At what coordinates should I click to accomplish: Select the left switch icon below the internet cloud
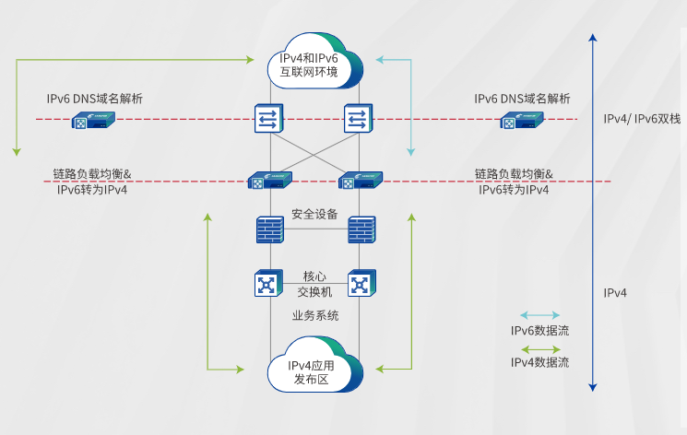click(270, 119)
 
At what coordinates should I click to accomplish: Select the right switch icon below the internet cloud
click(357, 119)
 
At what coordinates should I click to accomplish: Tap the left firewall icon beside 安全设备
click(270, 229)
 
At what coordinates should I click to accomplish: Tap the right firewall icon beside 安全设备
click(361, 229)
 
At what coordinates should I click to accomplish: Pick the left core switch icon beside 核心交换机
click(267, 283)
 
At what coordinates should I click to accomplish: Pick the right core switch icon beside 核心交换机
click(361, 283)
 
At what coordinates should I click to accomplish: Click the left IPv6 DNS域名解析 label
click(95, 99)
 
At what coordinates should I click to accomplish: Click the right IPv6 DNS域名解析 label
click(522, 99)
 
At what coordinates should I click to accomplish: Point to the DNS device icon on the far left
click(93, 121)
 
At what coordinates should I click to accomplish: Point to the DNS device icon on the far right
click(522, 121)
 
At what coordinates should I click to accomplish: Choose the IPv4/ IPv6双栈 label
click(642, 120)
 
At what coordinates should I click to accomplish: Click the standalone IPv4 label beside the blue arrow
click(615, 293)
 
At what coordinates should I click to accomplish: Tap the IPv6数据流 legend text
click(540, 331)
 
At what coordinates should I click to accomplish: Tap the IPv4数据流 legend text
click(540, 363)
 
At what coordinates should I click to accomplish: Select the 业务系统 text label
click(315, 316)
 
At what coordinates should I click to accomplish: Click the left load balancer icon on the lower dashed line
click(269, 181)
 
